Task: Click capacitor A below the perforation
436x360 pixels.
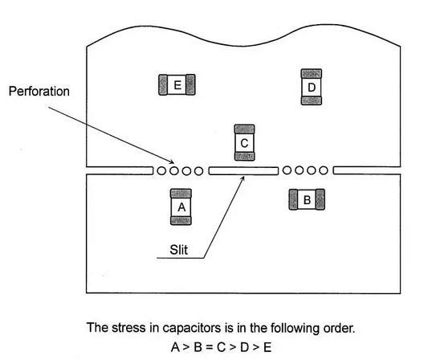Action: point(181,207)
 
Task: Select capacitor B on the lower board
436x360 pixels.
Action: point(307,199)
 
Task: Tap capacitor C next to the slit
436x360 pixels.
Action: point(244,143)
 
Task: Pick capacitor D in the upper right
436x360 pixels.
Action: point(312,87)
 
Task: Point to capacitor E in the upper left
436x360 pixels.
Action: point(177,84)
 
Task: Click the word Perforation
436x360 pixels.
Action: point(39,92)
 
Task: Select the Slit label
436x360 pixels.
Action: point(178,250)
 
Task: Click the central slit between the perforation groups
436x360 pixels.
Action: point(243,171)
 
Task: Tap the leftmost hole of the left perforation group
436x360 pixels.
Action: point(161,171)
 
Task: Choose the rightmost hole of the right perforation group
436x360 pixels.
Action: point(323,170)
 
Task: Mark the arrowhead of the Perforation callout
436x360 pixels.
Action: point(173,162)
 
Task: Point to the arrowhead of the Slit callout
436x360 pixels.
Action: point(243,178)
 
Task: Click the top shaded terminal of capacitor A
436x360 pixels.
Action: point(181,194)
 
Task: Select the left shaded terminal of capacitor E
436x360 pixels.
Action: point(163,84)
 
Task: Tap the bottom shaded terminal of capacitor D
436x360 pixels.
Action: point(312,100)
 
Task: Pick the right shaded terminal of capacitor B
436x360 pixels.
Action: point(320,199)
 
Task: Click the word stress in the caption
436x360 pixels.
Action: point(128,328)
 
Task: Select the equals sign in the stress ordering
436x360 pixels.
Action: point(209,347)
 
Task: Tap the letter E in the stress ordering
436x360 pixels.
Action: point(267,347)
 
